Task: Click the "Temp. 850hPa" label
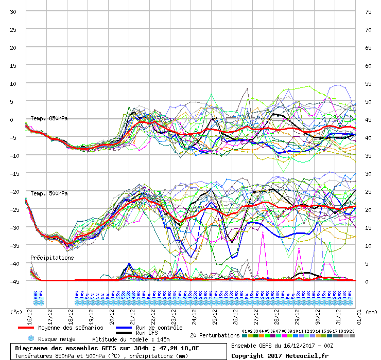49,118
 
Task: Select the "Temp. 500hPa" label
49,193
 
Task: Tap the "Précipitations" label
52,258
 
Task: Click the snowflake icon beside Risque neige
30,339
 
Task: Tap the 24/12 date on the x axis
195,314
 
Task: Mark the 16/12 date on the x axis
29,314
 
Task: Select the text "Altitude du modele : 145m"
131,339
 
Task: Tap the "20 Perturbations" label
215,335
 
